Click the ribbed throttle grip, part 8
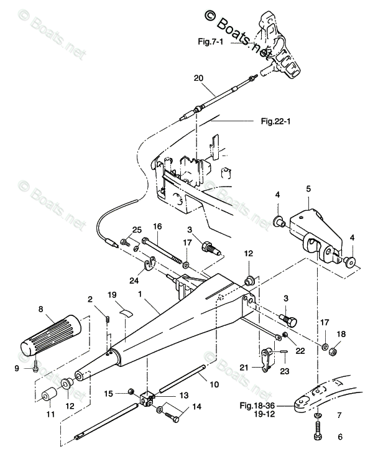pos(50,335)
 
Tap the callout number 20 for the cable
pos(198,78)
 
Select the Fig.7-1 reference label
pos(210,42)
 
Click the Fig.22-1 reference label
pos(276,122)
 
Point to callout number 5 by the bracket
pos(308,188)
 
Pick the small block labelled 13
pos(148,399)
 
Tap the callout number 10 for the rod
pos(214,384)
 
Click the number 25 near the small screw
pos(137,230)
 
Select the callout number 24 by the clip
pos(133,280)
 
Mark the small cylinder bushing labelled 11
pos(47,396)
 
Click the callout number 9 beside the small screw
pos(25,368)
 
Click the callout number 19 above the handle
pos(112,294)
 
